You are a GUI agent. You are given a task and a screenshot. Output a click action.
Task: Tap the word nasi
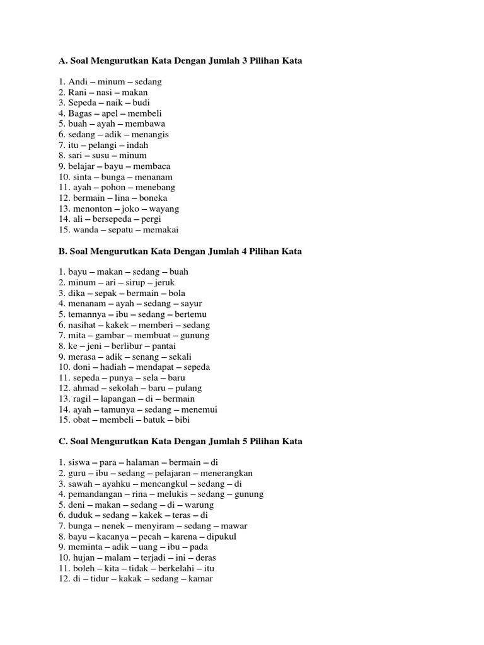[x=101, y=93]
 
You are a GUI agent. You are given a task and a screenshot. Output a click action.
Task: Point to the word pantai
[x=163, y=346]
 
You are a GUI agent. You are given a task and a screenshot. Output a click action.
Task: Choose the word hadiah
[x=109, y=367]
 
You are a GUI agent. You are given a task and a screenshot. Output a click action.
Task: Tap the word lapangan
[x=113, y=399]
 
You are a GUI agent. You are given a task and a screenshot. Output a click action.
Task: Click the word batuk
[x=152, y=420]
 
